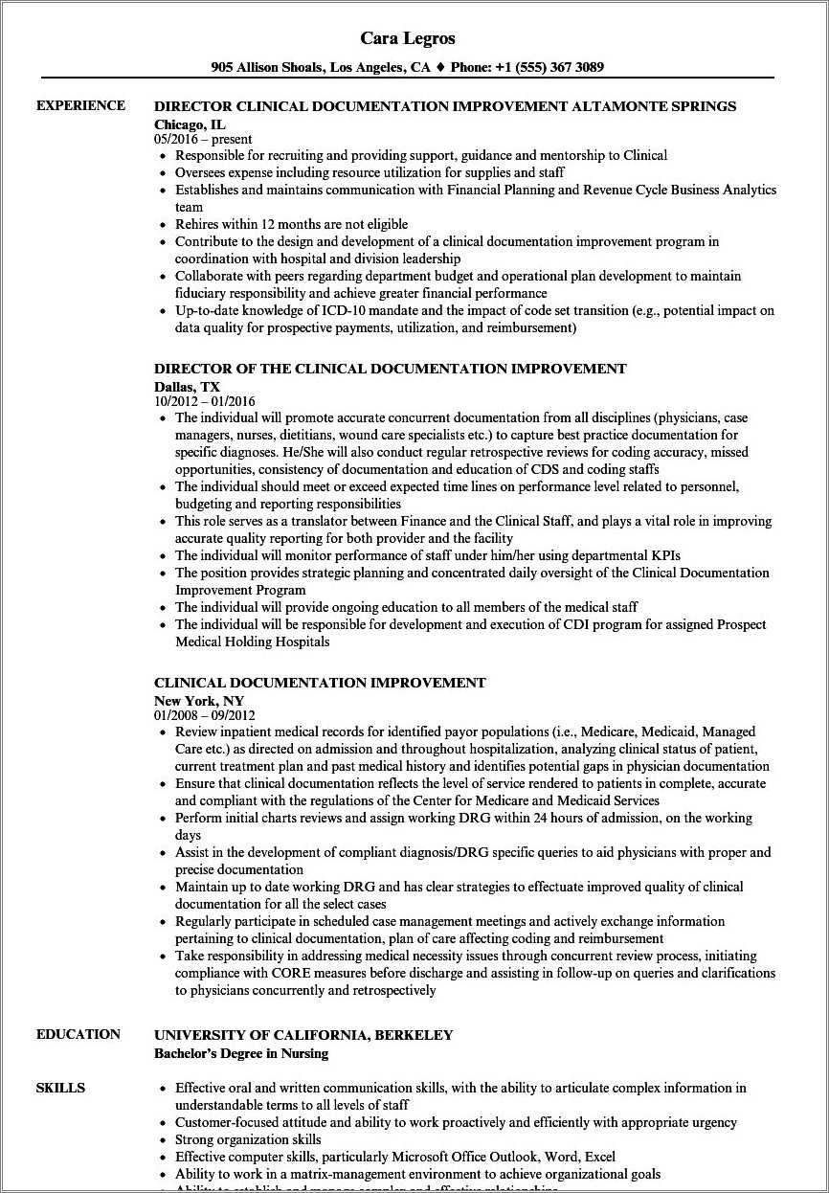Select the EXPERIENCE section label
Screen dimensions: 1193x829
pyautogui.click(x=80, y=105)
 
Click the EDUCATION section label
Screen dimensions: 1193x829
pyautogui.click(x=78, y=1034)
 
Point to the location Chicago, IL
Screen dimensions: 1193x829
pyautogui.click(x=191, y=124)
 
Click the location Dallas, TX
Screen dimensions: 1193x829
pyautogui.click(x=187, y=386)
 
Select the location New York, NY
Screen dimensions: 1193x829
pyautogui.click(x=199, y=700)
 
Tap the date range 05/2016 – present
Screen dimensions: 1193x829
pyautogui.click(x=203, y=139)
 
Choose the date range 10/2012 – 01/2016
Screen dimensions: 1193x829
pyautogui.click(x=204, y=401)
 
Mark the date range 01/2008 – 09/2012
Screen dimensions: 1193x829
pyautogui.click(x=204, y=715)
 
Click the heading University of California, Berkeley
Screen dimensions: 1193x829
pyautogui.click(x=303, y=1035)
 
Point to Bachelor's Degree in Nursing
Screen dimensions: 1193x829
pyautogui.click(x=240, y=1053)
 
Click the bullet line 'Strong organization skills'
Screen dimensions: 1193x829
pyautogui.click(x=248, y=1139)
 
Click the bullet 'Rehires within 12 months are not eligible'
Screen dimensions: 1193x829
pyautogui.click(x=291, y=224)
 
